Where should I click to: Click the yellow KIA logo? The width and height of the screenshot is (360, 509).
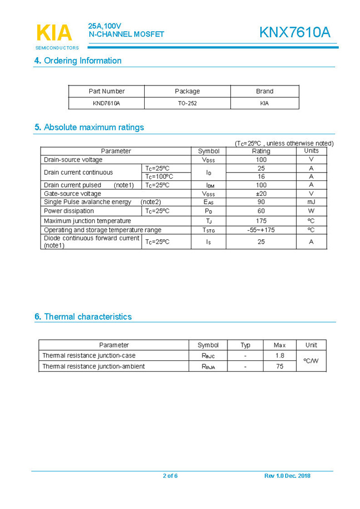click(54, 33)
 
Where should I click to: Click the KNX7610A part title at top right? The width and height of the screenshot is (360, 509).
click(294, 33)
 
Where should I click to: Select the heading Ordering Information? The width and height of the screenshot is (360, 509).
click(78, 61)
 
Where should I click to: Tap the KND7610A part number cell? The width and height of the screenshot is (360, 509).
click(107, 103)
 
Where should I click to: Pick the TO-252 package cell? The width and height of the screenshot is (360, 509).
click(187, 103)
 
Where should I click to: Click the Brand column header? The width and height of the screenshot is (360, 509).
click(265, 91)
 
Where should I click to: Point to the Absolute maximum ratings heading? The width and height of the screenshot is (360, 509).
click(89, 127)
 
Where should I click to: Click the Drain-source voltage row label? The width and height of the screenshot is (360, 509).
click(73, 160)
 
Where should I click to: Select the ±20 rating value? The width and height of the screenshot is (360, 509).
click(261, 194)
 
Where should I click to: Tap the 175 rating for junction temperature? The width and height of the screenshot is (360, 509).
click(261, 221)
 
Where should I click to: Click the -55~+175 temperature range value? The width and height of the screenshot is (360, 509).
click(261, 230)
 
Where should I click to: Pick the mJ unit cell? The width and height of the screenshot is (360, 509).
click(311, 202)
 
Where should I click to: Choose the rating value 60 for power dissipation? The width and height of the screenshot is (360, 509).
click(261, 211)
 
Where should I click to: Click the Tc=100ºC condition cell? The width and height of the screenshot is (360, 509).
click(159, 177)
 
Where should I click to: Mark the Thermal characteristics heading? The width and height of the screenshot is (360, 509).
click(83, 316)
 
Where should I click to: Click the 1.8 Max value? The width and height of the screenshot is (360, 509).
click(280, 355)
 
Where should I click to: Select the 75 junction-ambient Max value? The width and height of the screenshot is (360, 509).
click(280, 366)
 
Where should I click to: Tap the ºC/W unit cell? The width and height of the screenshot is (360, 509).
click(311, 361)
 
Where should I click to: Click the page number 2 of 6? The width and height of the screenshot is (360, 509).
click(170, 476)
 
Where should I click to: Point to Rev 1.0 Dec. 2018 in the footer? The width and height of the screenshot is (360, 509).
click(287, 476)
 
